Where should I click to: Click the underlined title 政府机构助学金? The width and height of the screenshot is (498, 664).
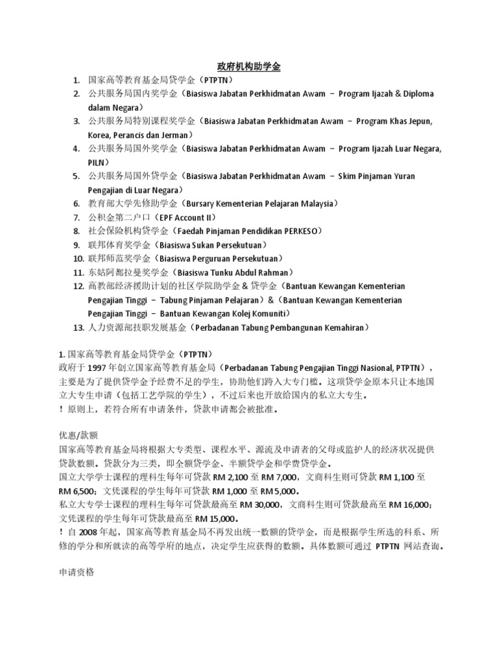coord(248,66)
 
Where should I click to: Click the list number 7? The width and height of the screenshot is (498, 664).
coord(77,217)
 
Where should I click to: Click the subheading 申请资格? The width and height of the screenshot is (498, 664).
coord(77,573)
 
